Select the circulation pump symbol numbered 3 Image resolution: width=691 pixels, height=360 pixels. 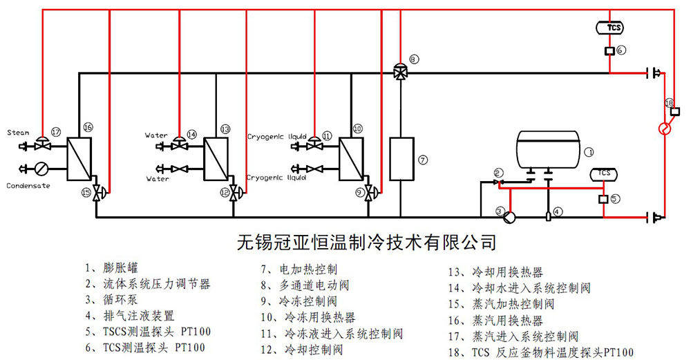509,217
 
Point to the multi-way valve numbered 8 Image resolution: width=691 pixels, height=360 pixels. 399,72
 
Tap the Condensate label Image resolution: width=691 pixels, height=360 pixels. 28,185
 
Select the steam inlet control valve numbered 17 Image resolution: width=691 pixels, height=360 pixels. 43,144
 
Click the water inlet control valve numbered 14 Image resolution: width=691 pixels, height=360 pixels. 179,144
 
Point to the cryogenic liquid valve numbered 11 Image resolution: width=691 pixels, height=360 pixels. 314,144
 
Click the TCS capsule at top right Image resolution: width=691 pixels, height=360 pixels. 609,28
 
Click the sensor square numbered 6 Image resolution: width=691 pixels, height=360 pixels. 609,51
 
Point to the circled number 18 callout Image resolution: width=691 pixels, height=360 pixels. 669,103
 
